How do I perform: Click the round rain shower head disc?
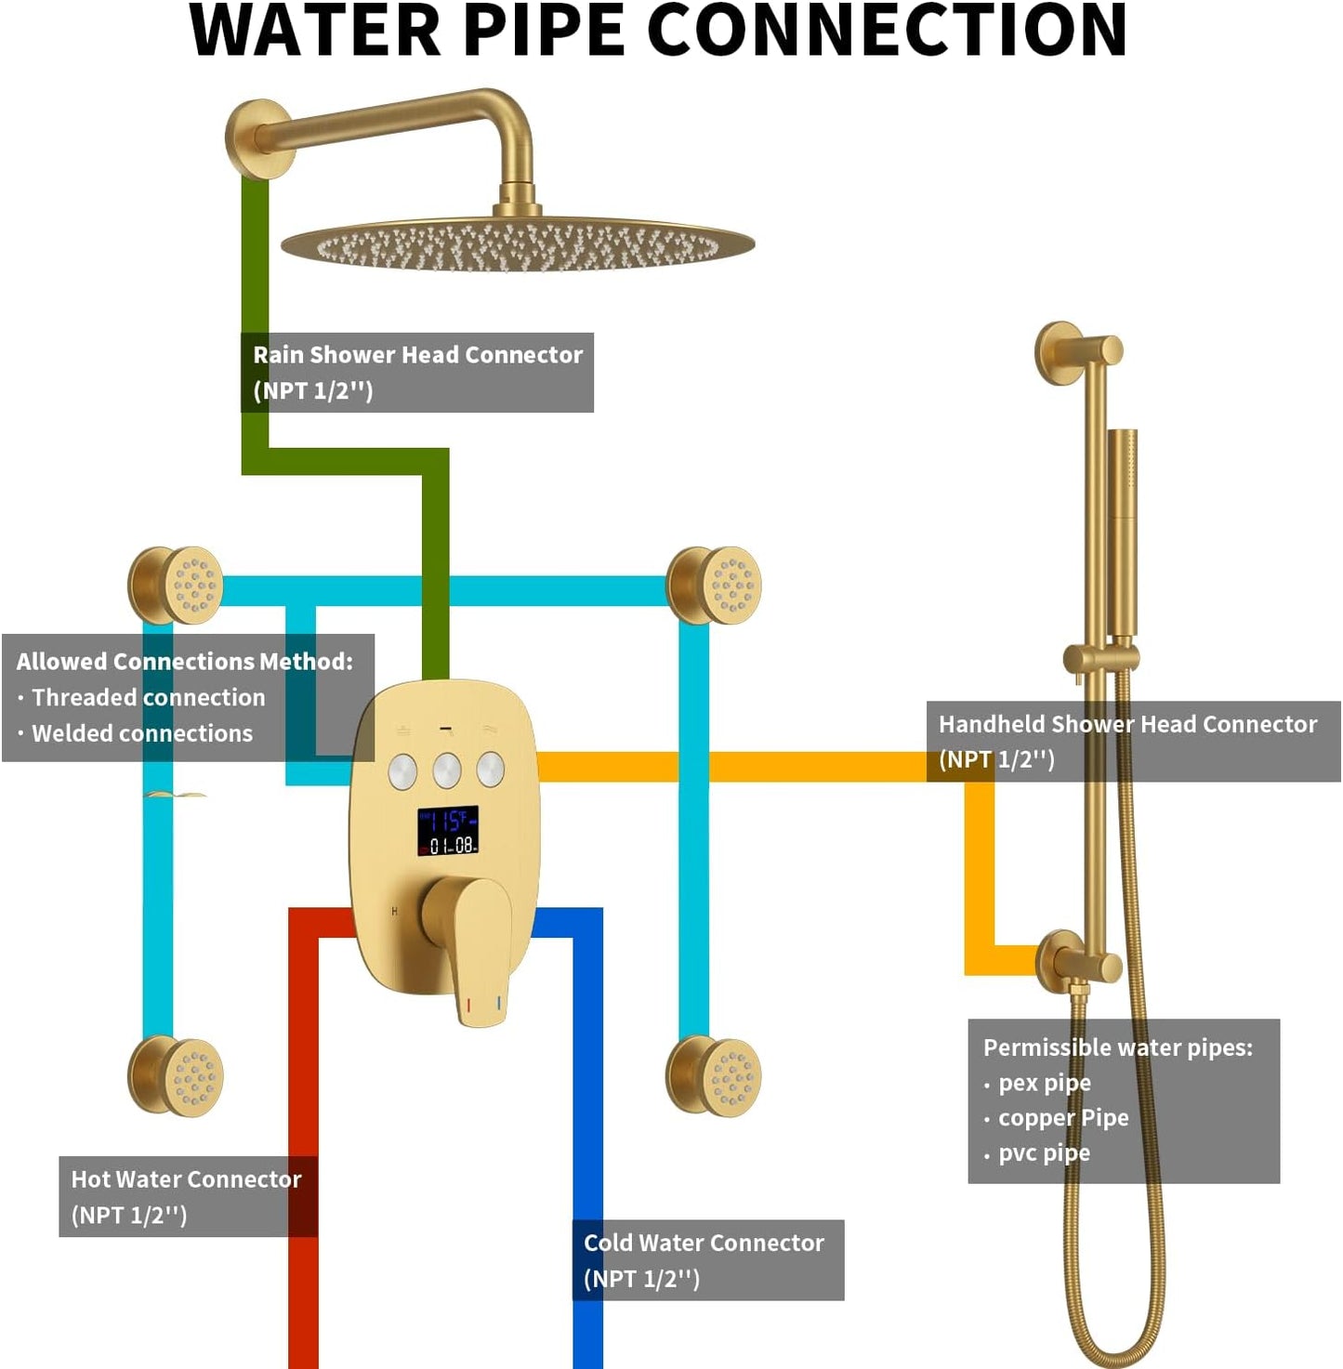click(518, 244)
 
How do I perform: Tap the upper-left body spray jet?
click(177, 586)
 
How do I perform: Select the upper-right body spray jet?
click(715, 586)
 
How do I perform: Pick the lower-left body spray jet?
click(177, 1076)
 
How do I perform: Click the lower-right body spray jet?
click(715, 1076)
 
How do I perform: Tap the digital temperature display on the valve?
click(447, 830)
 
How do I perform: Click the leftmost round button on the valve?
click(402, 770)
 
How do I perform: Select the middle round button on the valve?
click(447, 770)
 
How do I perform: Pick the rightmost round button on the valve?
click(491, 769)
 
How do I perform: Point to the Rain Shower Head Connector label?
click(417, 372)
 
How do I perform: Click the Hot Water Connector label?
click(187, 1196)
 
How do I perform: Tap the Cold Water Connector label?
click(704, 1259)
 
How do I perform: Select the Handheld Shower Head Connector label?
click(1127, 741)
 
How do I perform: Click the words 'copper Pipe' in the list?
click(1063, 1118)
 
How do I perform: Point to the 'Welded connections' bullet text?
click(142, 733)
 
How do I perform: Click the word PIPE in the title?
click(544, 32)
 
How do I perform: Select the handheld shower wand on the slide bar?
click(1123, 530)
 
